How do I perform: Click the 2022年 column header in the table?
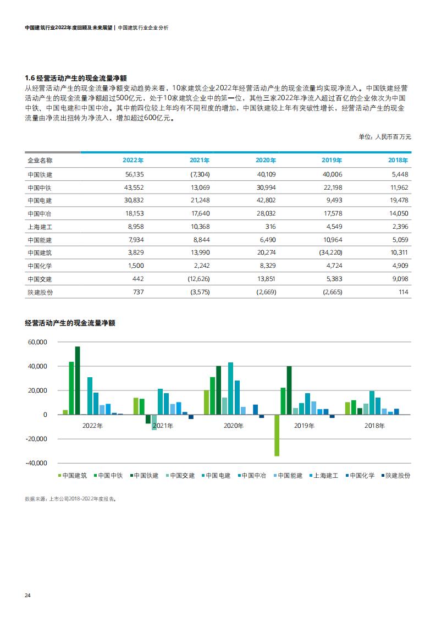click(133, 160)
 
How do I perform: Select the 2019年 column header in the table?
click(332, 160)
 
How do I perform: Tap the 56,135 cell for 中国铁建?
click(135, 174)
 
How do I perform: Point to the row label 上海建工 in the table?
click(40, 227)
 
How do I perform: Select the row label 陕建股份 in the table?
click(40, 293)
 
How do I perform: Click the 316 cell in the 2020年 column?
click(271, 227)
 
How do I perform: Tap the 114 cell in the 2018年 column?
click(404, 292)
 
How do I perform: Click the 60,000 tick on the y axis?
click(37, 342)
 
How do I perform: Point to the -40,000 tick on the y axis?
click(36, 463)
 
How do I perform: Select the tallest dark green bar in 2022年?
click(78, 381)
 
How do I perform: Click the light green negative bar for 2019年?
click(277, 435)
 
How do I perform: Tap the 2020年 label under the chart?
click(233, 426)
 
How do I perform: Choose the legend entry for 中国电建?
click(216, 476)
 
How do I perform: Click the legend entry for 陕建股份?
click(395, 476)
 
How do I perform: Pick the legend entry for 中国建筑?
click(73, 476)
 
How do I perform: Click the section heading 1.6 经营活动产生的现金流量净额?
click(76, 78)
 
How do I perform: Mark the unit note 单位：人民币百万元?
click(384, 137)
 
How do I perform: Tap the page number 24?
click(27, 596)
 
